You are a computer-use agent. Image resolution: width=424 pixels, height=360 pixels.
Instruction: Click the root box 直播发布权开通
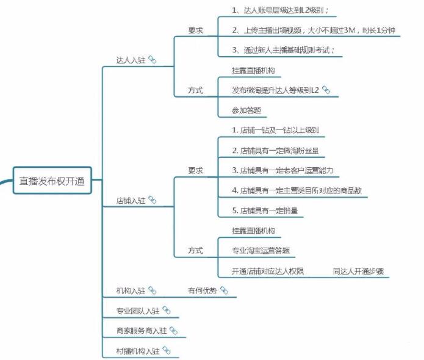click(52, 181)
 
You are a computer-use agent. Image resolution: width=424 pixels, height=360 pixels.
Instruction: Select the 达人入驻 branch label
click(131, 60)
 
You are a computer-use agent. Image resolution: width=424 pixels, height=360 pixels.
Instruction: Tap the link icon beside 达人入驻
click(153, 60)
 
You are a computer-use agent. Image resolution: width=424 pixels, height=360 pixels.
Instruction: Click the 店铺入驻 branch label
click(131, 200)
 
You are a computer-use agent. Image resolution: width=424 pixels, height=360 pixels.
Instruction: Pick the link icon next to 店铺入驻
click(153, 200)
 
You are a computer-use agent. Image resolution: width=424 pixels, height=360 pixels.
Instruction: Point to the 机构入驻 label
click(131, 291)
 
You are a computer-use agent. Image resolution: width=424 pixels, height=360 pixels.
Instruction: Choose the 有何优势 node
click(203, 291)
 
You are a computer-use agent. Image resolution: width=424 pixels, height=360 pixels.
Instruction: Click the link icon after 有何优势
click(224, 290)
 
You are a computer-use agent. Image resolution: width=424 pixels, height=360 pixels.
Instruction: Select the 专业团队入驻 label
click(138, 311)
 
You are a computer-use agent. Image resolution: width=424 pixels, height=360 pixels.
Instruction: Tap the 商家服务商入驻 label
click(142, 331)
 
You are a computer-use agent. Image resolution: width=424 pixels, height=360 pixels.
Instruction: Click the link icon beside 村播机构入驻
click(167, 351)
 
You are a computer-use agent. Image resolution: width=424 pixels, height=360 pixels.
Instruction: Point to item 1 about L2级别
click(281, 10)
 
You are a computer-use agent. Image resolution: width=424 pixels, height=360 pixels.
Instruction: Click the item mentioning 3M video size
click(314, 31)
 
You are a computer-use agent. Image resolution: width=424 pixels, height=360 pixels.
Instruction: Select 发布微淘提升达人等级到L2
click(275, 90)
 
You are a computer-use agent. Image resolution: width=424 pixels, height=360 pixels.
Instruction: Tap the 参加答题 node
click(246, 110)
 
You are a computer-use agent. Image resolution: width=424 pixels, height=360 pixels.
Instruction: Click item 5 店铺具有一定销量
click(265, 211)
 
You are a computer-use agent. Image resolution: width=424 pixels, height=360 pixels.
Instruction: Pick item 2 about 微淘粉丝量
click(275, 150)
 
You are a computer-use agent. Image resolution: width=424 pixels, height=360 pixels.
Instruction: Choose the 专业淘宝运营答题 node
click(261, 250)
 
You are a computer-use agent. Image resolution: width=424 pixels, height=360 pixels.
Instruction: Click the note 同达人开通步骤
click(358, 271)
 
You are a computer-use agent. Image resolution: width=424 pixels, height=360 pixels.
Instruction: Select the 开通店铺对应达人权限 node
click(268, 271)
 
